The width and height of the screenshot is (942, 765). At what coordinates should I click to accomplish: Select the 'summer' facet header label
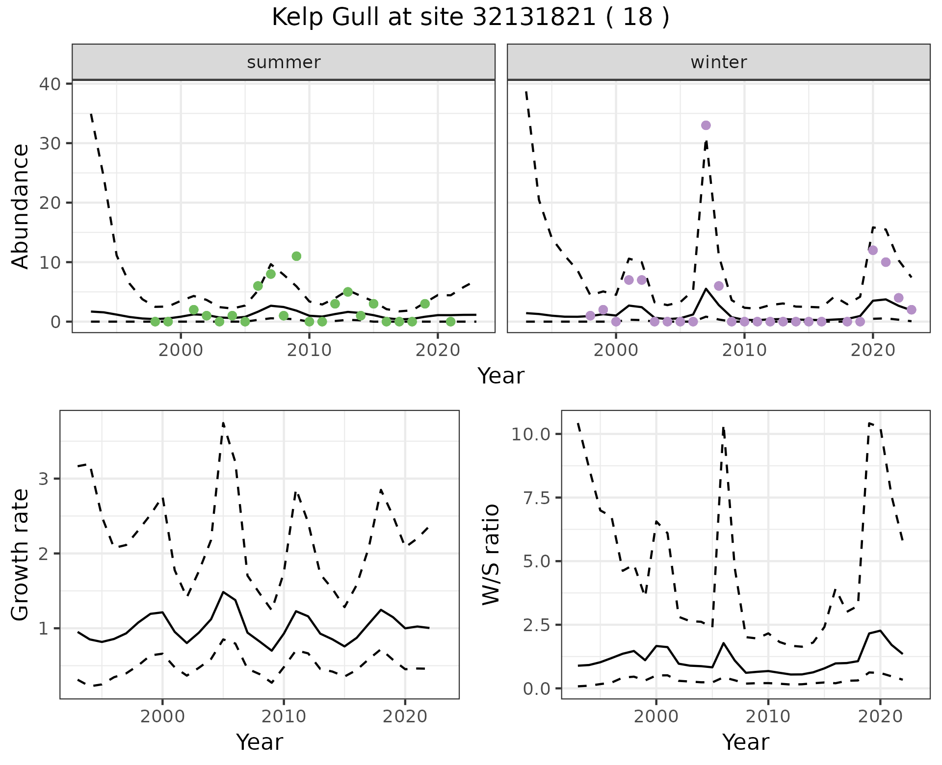(x=284, y=62)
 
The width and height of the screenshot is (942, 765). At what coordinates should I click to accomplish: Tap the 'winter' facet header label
(x=718, y=62)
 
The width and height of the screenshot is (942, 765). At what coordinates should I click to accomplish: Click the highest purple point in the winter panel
(x=706, y=126)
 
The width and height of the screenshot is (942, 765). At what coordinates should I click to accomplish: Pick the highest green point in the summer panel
(x=296, y=256)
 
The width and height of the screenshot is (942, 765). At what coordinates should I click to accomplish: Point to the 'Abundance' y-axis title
(x=21, y=206)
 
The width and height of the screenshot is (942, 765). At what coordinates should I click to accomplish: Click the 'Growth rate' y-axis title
(x=21, y=555)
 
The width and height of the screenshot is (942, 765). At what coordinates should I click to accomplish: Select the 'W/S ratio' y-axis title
(x=491, y=555)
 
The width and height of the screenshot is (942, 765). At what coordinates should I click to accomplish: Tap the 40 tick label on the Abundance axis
(x=50, y=84)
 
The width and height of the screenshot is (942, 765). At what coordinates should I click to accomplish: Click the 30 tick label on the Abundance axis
(x=50, y=143)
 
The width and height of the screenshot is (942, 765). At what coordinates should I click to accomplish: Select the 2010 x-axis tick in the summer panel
(x=309, y=350)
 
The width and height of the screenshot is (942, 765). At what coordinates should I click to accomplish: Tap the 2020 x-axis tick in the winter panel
(x=873, y=350)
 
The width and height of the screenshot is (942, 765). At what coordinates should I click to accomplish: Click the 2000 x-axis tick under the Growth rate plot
(x=162, y=716)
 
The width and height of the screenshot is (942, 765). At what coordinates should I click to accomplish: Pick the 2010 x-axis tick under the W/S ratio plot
(x=768, y=716)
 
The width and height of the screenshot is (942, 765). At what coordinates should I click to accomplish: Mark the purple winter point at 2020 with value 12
(x=873, y=251)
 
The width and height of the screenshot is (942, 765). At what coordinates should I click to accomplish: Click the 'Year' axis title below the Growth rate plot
(x=259, y=742)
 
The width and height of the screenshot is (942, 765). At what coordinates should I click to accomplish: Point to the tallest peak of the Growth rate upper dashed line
(x=223, y=423)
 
